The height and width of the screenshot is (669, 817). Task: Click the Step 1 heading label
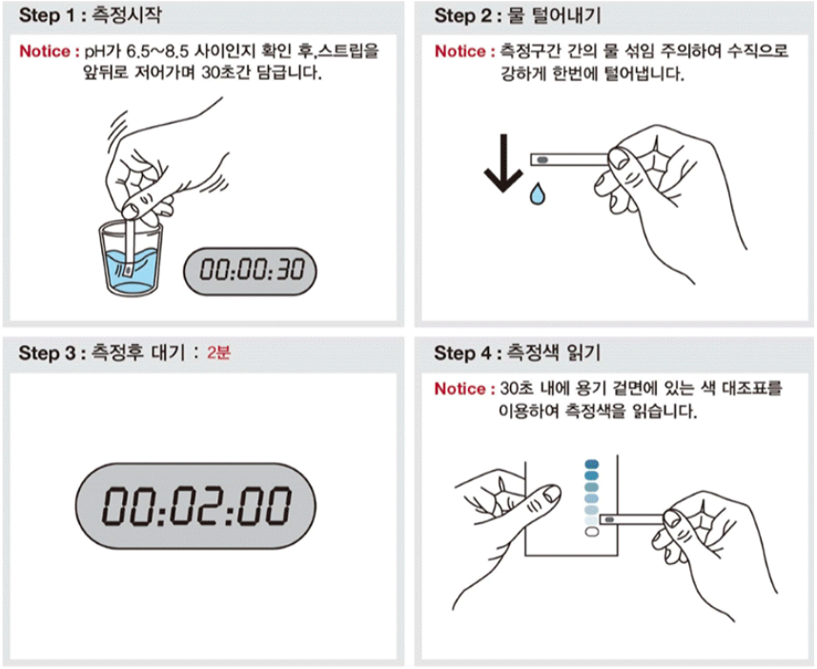[91, 15]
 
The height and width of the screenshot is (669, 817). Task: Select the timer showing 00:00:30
[250, 271]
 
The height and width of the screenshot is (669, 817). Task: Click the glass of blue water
[131, 258]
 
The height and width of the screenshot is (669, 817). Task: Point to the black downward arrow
[503, 163]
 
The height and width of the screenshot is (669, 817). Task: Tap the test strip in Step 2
[569, 159]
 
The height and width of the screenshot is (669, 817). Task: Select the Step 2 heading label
[518, 15]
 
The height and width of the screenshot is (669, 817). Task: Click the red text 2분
[218, 353]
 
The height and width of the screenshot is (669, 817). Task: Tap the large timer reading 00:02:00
[196, 505]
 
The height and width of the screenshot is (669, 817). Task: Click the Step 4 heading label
[518, 354]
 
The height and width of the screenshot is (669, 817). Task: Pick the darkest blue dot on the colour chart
[592, 464]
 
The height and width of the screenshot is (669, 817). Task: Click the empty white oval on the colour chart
[592, 532]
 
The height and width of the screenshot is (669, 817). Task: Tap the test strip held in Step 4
[632, 519]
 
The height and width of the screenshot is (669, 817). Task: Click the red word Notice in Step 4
[460, 389]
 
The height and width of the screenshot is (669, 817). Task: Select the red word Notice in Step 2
[460, 51]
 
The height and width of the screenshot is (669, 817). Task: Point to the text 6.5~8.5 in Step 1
[158, 51]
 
